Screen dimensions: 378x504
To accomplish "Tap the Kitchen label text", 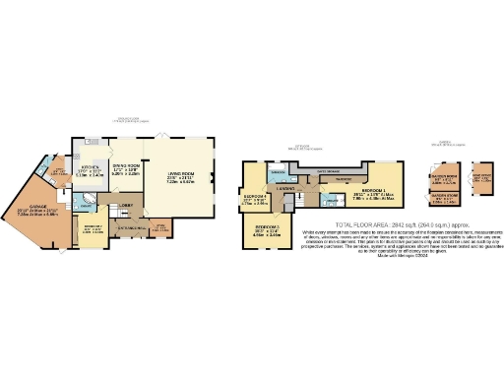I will coord(92,168).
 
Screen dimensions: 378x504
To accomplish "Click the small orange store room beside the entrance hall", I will coord(159,229).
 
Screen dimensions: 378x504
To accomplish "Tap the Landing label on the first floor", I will coord(286,187).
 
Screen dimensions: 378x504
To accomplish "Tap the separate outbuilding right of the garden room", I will coord(479,183).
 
